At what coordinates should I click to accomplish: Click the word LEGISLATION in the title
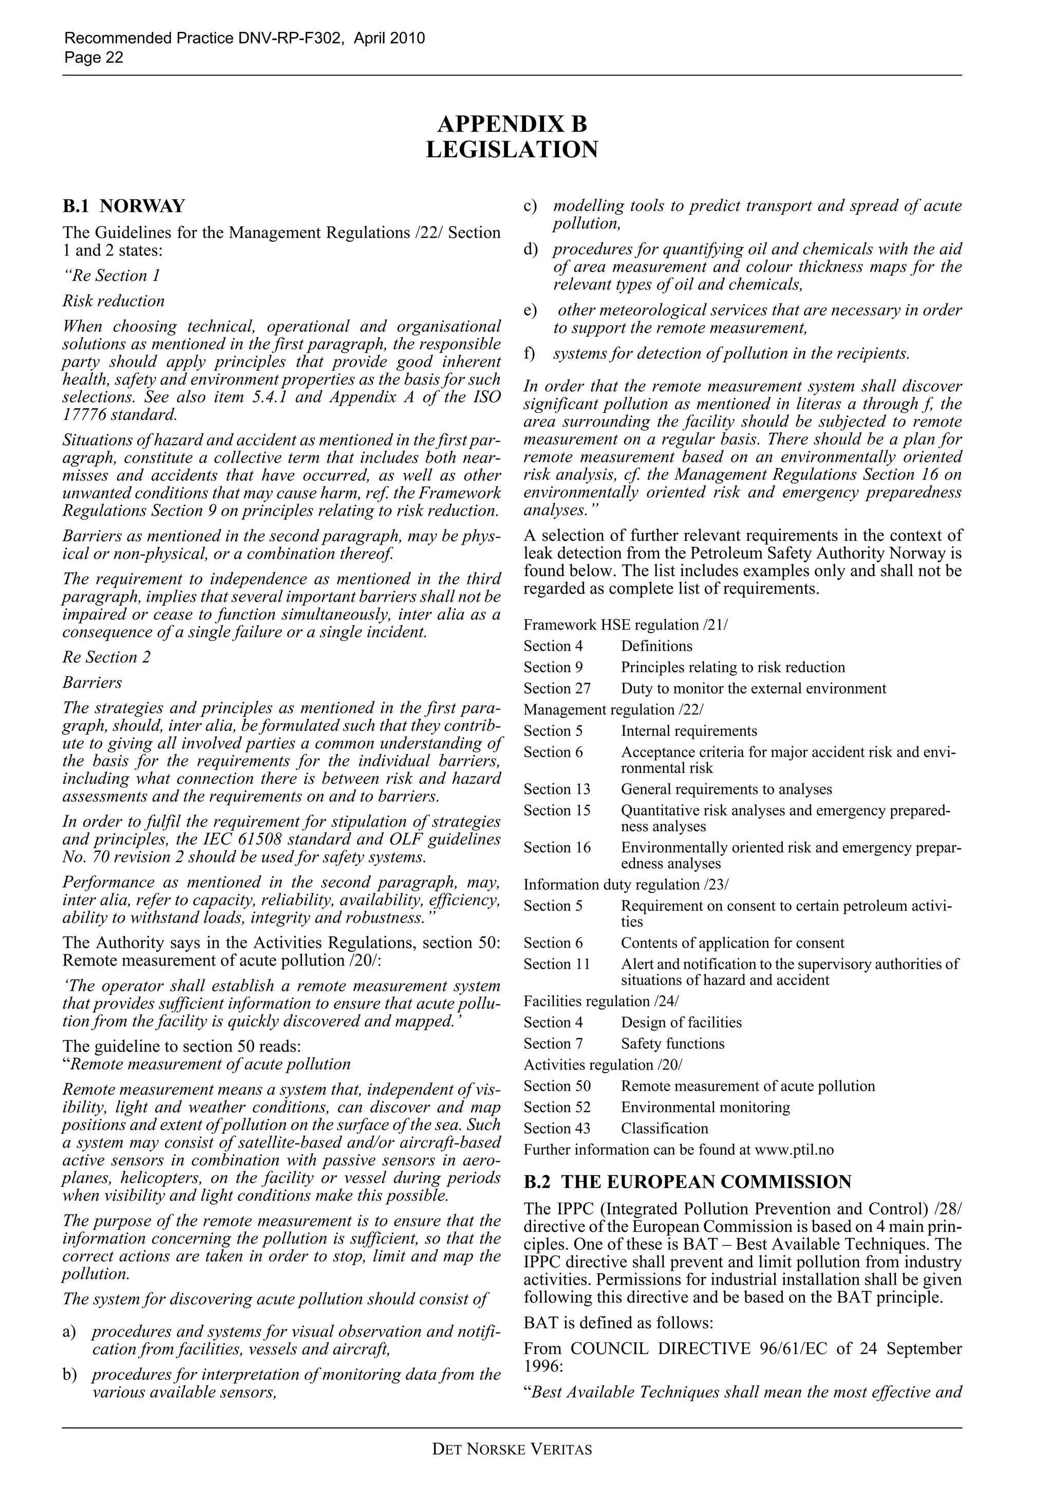point(512,150)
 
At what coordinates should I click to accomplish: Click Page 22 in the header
point(94,58)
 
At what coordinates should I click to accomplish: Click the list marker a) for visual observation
point(69,1332)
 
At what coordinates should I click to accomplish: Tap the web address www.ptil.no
point(795,1150)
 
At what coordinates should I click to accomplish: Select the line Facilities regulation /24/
point(601,1001)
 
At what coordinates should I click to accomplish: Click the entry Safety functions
point(672,1044)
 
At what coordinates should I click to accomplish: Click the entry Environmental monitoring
point(705,1108)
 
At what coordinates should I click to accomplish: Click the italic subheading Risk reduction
point(114,301)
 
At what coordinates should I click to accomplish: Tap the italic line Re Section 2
point(106,657)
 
